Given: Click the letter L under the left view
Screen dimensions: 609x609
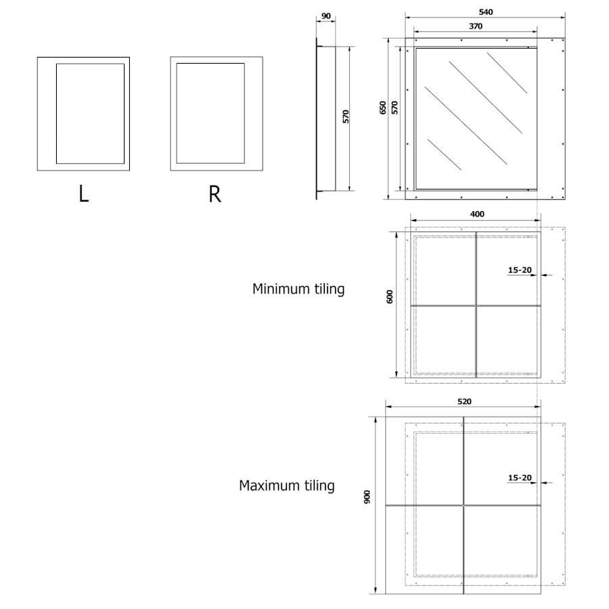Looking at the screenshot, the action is tap(84, 194).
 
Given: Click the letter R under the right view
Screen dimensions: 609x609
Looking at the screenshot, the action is tap(215, 194).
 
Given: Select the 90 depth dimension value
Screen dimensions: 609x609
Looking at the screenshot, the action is tap(326, 16).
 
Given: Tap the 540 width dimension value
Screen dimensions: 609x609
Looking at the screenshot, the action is tap(485, 12).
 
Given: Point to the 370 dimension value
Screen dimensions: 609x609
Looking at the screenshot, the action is tap(476, 26).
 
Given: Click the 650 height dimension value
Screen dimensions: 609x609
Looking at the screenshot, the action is tap(383, 108).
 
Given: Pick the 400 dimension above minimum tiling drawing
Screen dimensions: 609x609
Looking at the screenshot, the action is tap(477, 214).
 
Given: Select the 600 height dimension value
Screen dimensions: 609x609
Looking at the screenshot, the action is tap(390, 297).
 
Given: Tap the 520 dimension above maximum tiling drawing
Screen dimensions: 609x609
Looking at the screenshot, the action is tap(464, 401).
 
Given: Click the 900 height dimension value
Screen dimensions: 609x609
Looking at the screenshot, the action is tap(367, 497).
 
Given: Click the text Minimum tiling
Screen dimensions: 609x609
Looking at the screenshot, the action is tap(298, 289).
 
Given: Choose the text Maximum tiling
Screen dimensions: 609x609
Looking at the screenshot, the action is tap(287, 485).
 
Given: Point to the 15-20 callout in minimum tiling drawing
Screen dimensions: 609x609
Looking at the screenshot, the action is tap(520, 270).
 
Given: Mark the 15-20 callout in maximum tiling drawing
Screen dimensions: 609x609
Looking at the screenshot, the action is tap(520, 478).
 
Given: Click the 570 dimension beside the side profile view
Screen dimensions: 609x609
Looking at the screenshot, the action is tap(346, 116).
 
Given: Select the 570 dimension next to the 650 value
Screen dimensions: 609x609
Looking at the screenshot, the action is tap(394, 108).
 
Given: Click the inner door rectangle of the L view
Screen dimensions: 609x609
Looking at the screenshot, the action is tap(90, 114).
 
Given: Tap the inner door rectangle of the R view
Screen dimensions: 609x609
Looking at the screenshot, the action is tap(210, 113).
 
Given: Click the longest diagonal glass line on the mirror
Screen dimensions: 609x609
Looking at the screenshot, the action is tap(466, 125).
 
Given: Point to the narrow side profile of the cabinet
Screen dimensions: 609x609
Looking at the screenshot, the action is tap(325, 119).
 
